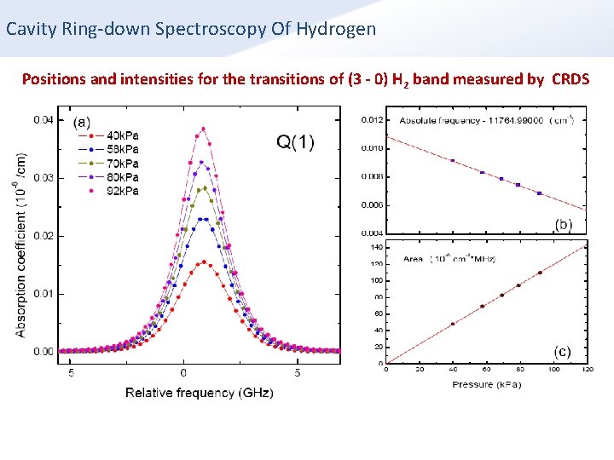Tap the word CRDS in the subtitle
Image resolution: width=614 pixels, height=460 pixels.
[571, 79]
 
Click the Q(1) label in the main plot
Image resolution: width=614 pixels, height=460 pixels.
[294, 142]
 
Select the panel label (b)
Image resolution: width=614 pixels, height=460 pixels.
[563, 224]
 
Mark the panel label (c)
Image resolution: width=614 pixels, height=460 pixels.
[563, 351]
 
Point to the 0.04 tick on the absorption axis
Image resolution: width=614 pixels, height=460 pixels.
[43, 120]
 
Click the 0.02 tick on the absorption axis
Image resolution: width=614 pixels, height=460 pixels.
[43, 236]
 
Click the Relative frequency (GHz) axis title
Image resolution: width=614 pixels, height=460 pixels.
[200, 393]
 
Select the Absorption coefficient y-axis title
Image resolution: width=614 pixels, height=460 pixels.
[20, 244]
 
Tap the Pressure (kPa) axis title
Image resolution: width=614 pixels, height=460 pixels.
[486, 385]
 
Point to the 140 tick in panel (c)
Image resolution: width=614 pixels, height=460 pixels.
[376, 247]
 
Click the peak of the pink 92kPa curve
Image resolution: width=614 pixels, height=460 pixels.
[203, 129]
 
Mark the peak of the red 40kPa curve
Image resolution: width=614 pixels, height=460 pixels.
[203, 262]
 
